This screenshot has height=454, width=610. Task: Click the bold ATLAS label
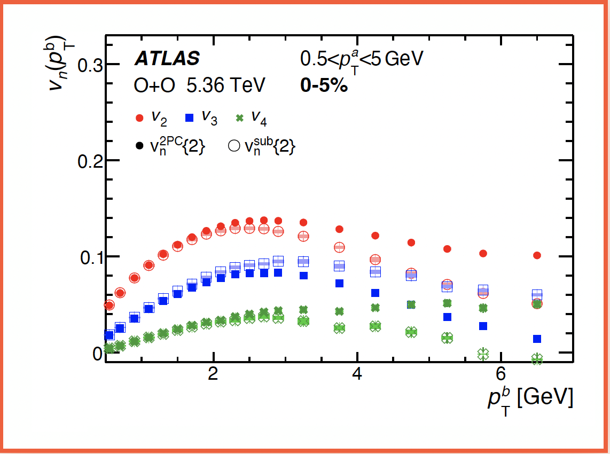[167, 58]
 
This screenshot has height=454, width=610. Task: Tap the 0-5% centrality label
[324, 85]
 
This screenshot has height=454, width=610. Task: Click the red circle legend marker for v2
[140, 118]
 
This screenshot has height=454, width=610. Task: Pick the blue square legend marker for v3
[190, 118]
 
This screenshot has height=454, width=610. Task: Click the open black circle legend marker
[233, 145]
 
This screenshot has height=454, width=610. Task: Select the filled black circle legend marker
[140, 145]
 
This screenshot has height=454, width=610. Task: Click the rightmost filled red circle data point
[537, 255]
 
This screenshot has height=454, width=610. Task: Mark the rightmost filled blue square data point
[537, 339]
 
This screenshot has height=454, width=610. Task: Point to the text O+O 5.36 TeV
[199, 85]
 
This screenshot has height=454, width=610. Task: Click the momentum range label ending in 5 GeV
[362, 58]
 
